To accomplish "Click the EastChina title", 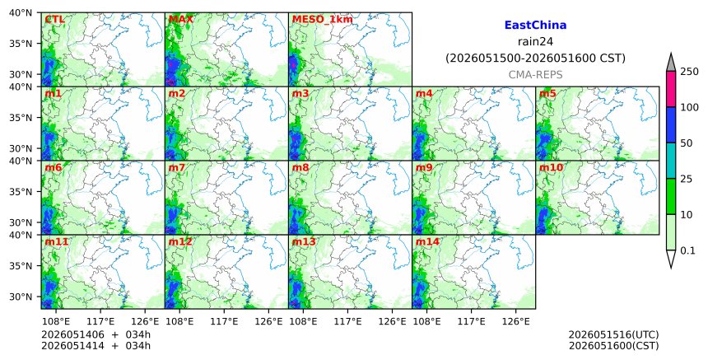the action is tap(535, 26).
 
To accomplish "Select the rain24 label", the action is tap(535, 41).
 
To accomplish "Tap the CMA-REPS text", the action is tap(535, 74).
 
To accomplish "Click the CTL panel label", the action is tap(54, 20).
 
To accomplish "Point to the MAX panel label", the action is tap(180, 20).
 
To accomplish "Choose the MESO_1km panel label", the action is tap(322, 20).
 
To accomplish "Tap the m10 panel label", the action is tap(551, 167).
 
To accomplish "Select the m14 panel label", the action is tap(427, 241).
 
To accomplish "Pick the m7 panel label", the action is tap(176, 167).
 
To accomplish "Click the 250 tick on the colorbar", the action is tap(690, 72).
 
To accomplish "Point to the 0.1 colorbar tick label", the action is tap(687, 250).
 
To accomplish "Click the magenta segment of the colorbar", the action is tap(670, 89).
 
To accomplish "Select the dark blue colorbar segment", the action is tap(670, 124).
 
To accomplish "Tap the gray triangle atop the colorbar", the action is tap(670, 63).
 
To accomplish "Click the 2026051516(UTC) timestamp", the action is tap(613, 334).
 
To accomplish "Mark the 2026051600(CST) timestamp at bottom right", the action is tap(613, 346).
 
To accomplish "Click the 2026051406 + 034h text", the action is tap(96, 334).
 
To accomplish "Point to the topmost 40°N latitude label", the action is tap(21, 12).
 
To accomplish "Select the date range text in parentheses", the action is tap(535, 58).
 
